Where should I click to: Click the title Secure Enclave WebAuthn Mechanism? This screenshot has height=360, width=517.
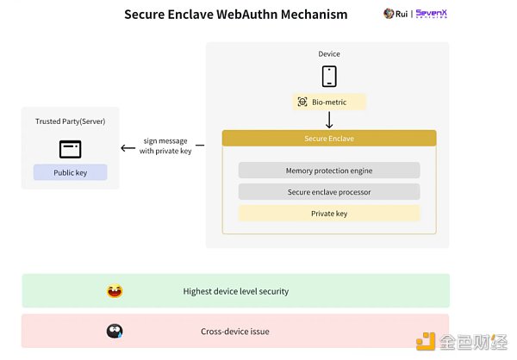[x=235, y=15]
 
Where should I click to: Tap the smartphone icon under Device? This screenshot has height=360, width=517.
[x=328, y=76]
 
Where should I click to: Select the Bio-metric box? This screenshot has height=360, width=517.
[x=330, y=102]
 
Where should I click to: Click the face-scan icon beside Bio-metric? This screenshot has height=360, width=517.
[x=302, y=102]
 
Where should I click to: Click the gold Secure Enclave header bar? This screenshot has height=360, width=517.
[x=328, y=138]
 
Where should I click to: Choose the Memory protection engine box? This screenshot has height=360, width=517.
[x=328, y=171]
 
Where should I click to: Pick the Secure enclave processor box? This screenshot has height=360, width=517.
[x=328, y=191]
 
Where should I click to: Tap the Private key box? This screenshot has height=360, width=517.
[x=328, y=213]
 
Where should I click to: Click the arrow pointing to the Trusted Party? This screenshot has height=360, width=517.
[x=128, y=147]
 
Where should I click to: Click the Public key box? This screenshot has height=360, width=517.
[x=70, y=172]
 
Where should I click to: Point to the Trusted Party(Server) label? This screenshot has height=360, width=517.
[x=70, y=122]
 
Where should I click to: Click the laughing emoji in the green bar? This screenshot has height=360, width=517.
[x=115, y=291]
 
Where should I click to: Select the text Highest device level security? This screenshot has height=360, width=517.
[x=235, y=291]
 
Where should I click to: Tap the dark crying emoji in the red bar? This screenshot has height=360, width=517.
[x=115, y=331]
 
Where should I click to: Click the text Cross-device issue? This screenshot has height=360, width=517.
[x=235, y=331]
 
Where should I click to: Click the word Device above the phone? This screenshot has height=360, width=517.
[x=328, y=54]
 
